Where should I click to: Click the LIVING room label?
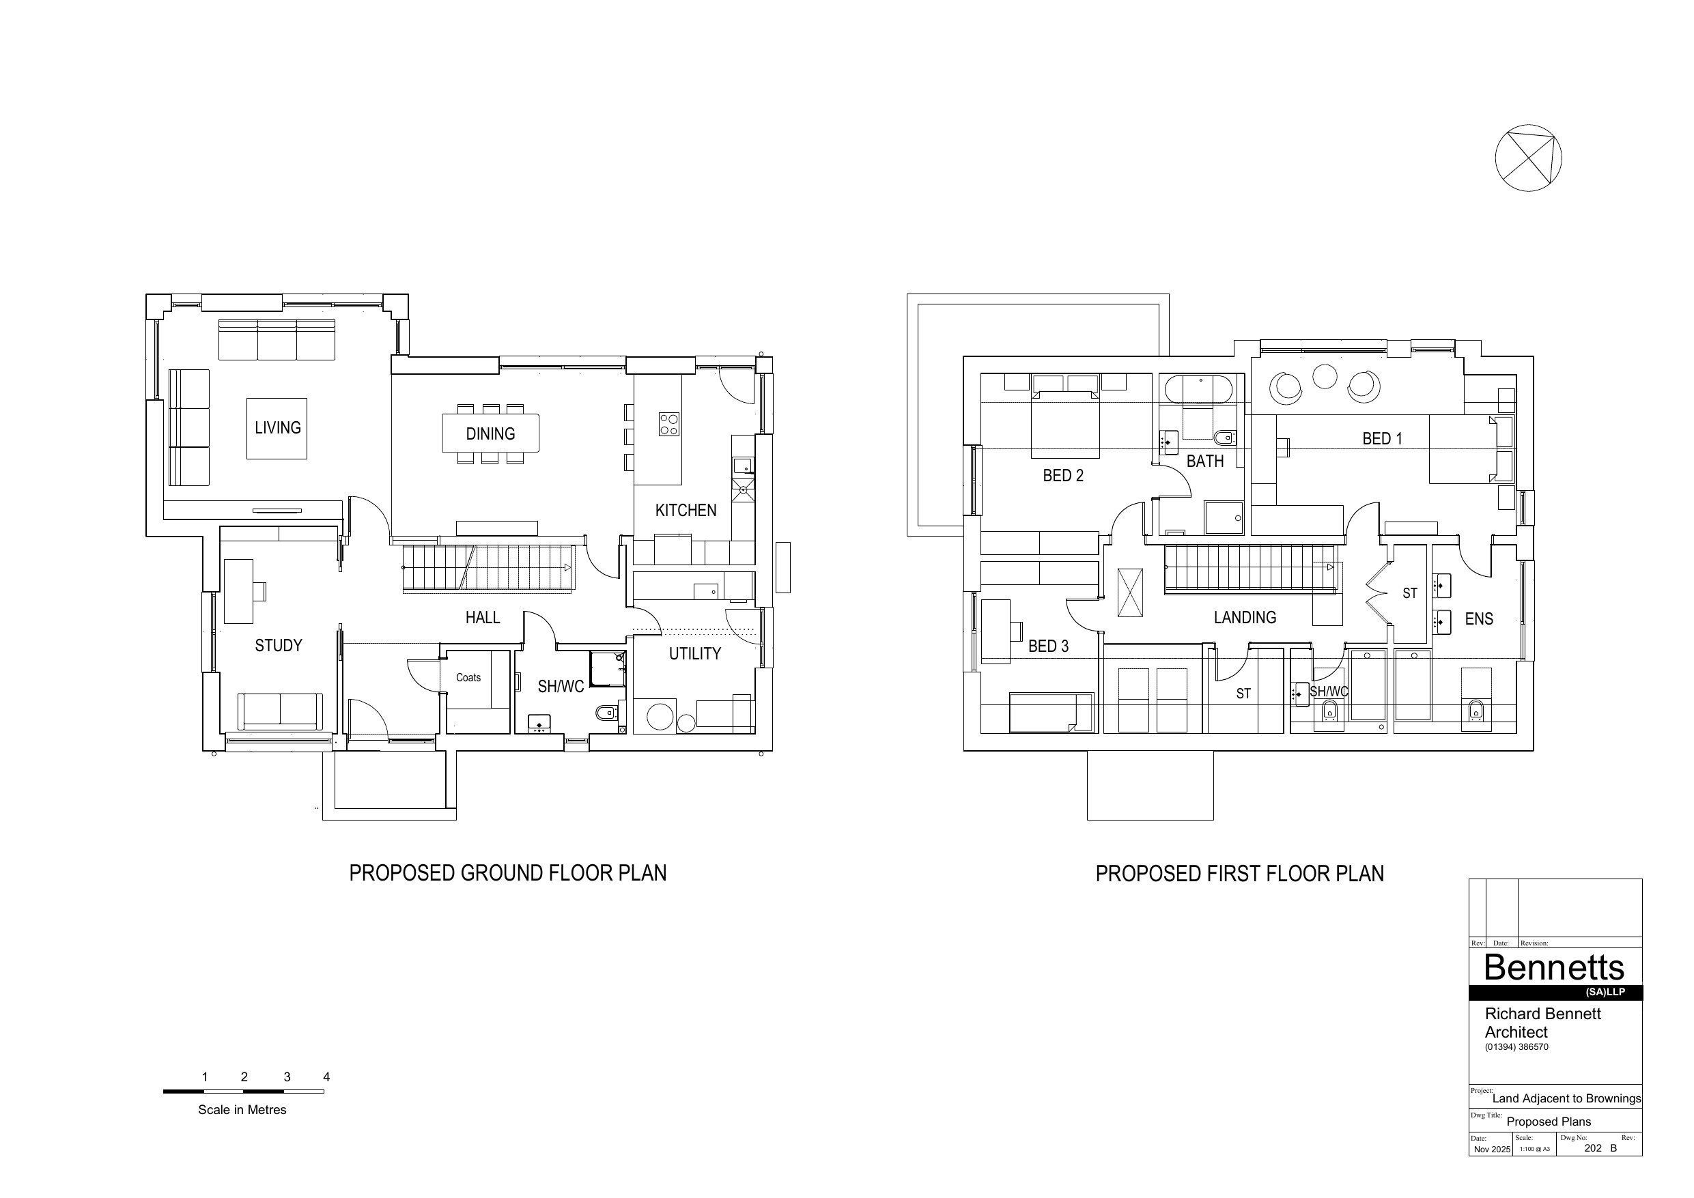pos(277,428)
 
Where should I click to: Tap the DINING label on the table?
pos(490,433)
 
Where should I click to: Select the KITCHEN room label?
pos(686,511)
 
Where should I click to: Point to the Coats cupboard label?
pos(468,677)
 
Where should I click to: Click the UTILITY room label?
pos(694,653)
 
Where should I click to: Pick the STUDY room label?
pos(278,646)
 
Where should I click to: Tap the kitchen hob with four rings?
pos(669,424)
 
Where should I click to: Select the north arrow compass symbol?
pos(1528,158)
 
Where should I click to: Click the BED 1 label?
pos(1382,439)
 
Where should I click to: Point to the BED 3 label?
pos(1047,646)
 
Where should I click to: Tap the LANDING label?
pos(1245,618)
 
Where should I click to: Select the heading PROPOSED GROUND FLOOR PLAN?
pos(507,874)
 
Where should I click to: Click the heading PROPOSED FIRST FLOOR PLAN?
pos(1239,874)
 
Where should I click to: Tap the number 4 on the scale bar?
pos(326,1077)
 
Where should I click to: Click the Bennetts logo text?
pos(1554,967)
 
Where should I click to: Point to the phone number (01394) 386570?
pos(1516,1046)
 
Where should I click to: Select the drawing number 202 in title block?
pos(1593,1148)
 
